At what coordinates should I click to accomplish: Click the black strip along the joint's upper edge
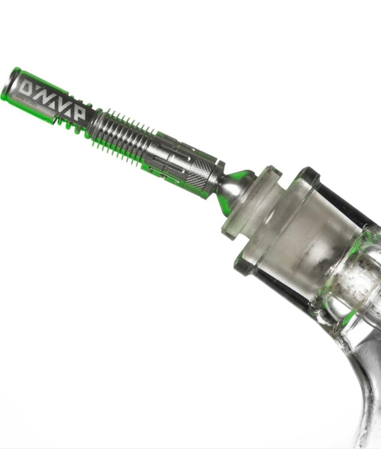344,201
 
